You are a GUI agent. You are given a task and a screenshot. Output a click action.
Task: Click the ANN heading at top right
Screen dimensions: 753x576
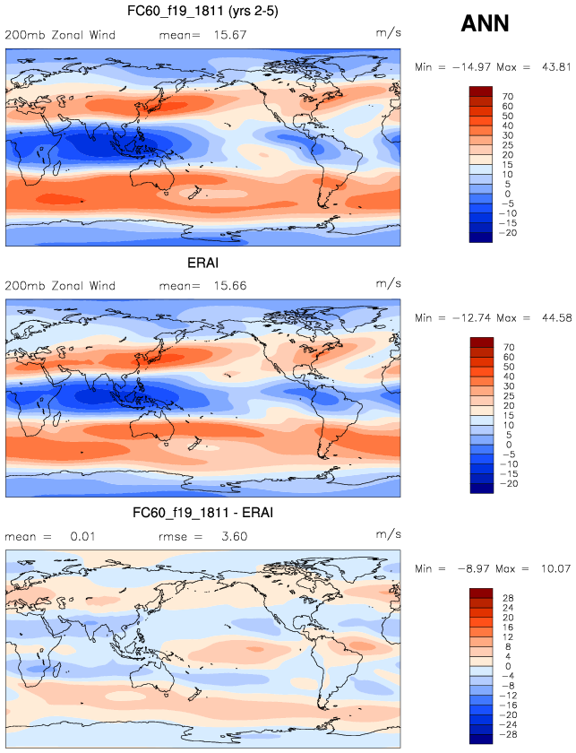click(485, 24)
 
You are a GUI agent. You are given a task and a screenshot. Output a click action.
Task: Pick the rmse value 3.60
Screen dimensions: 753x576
click(232, 537)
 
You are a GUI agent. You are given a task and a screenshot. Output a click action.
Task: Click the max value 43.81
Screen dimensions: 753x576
click(555, 67)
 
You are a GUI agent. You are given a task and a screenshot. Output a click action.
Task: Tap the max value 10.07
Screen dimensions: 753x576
click(555, 569)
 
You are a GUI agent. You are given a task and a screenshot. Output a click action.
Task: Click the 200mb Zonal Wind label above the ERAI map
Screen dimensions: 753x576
click(60, 286)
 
